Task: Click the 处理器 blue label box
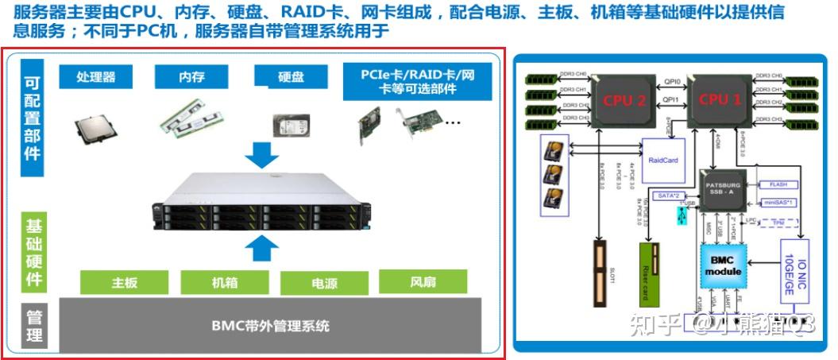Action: (95, 76)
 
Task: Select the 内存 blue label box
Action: (191, 76)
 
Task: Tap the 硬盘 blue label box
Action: (290, 76)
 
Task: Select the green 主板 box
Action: (125, 282)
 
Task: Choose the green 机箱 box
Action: (225, 282)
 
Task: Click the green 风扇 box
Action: (421, 281)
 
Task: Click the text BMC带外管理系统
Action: (270, 325)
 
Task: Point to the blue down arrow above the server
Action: (261, 153)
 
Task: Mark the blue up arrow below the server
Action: (261, 248)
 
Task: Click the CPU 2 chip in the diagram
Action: (627, 100)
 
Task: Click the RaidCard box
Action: (663, 159)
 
